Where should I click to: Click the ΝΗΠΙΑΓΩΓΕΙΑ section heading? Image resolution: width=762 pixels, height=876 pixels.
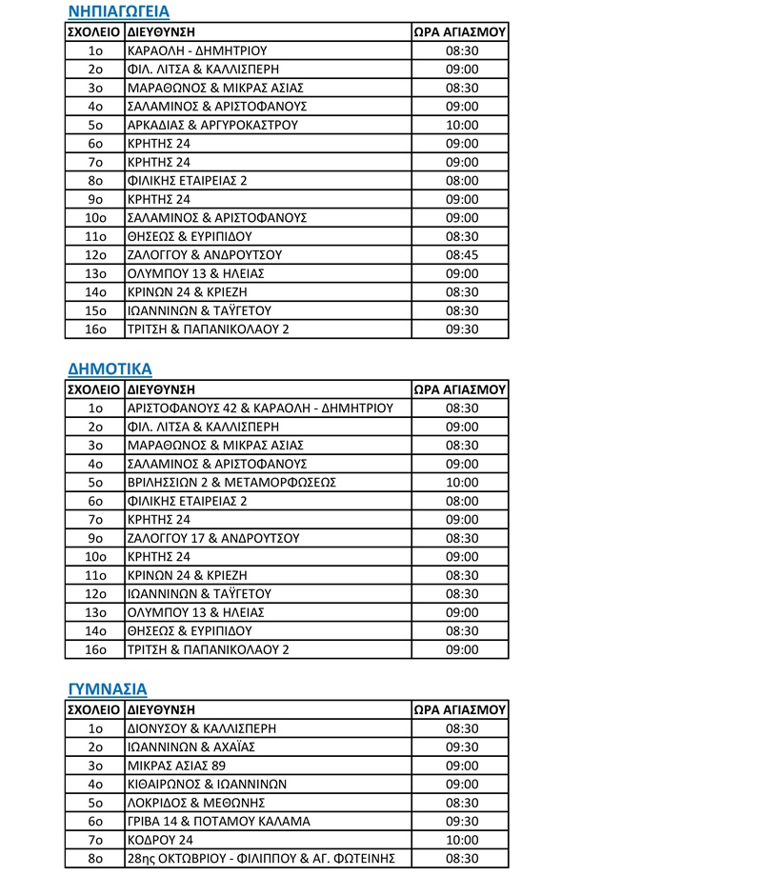pyautogui.click(x=119, y=12)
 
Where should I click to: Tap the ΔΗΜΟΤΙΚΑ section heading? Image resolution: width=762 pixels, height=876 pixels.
pyautogui.click(x=110, y=369)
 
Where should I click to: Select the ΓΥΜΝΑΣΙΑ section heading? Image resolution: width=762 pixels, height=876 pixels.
pyautogui.click(x=107, y=688)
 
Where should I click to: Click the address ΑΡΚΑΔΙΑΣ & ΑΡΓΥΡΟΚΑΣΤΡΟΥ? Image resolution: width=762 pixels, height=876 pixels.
pyautogui.click(x=212, y=125)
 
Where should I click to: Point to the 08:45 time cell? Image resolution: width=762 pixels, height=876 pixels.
pyautogui.click(x=461, y=255)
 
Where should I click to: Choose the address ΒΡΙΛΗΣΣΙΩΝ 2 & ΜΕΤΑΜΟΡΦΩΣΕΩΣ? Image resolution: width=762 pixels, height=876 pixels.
pyautogui.click(x=231, y=483)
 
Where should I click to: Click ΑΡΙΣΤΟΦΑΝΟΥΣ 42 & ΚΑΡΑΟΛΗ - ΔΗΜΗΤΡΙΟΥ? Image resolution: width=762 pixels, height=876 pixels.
pyautogui.click(x=260, y=408)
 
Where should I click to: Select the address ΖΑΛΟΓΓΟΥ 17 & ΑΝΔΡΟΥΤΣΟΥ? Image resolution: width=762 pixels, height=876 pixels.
pyautogui.click(x=213, y=538)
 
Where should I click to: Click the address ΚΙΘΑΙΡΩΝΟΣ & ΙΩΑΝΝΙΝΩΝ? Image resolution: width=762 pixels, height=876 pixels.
pyautogui.click(x=206, y=784)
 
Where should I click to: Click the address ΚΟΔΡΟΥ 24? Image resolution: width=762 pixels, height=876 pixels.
pyautogui.click(x=160, y=840)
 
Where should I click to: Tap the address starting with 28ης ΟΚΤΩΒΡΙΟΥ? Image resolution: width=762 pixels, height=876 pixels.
pyautogui.click(x=254, y=858)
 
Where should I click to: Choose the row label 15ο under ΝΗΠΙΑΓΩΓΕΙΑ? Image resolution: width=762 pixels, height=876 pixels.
pyautogui.click(x=94, y=310)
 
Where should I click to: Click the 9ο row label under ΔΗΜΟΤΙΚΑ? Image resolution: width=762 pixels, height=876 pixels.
pyautogui.click(x=94, y=538)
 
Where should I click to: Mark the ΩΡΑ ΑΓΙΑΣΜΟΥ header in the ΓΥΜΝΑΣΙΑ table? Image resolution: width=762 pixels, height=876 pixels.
pyautogui.click(x=461, y=709)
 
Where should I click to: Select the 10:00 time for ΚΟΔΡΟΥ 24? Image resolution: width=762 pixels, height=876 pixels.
pyautogui.click(x=461, y=840)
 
